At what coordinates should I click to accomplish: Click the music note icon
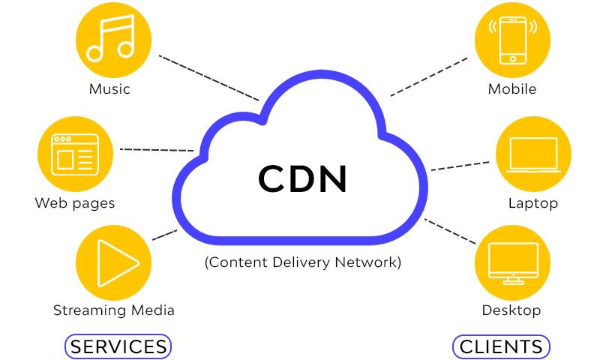tap(111, 37)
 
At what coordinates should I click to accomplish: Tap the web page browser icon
tap(75, 154)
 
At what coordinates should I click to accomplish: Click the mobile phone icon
tap(513, 40)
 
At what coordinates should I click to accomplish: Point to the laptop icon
tap(533, 154)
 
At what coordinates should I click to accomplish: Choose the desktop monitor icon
tap(513, 263)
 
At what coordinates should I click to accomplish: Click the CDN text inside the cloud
tap(303, 178)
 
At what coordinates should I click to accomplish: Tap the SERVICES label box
tap(118, 346)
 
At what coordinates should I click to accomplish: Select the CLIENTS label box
tap(501, 346)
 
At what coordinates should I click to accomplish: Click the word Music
tap(109, 89)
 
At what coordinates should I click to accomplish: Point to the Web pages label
tap(75, 203)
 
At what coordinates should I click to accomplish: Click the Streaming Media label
tap(114, 310)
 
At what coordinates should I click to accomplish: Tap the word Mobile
tap(512, 89)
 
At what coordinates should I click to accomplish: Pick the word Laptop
tap(533, 203)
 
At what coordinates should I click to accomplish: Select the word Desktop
tap(511, 310)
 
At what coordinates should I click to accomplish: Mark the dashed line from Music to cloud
tap(209, 78)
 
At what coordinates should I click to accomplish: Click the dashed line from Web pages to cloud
tap(157, 150)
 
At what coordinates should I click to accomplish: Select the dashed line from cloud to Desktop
tap(450, 232)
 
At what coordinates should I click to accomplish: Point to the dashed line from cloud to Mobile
tap(429, 77)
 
